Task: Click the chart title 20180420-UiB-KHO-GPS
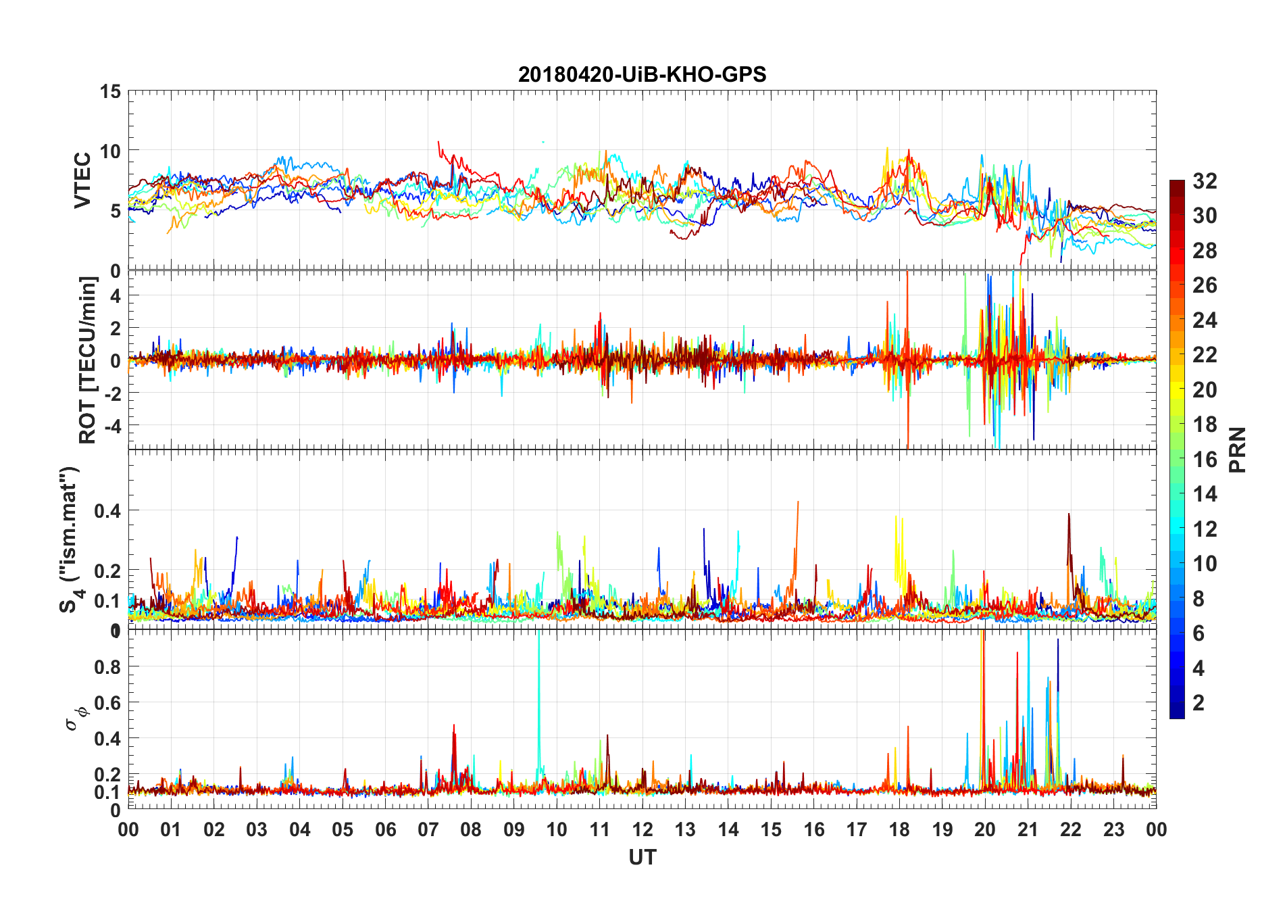tap(642, 74)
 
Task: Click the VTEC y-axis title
tap(82, 180)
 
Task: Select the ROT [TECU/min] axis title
tap(88, 360)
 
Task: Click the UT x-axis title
tap(642, 858)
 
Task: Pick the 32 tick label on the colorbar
tap(1205, 181)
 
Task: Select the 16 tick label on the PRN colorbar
tap(1205, 460)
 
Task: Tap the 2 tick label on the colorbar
tap(1199, 703)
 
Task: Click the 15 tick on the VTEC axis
tap(111, 91)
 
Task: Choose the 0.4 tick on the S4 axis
tap(108, 511)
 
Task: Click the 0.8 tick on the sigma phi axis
tap(108, 667)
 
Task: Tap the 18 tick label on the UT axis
tap(899, 830)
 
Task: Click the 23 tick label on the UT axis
tap(1113, 830)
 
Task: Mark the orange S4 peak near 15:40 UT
tap(798, 502)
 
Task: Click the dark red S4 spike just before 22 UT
tap(1068, 514)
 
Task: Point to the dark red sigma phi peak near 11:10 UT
tap(607, 735)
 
